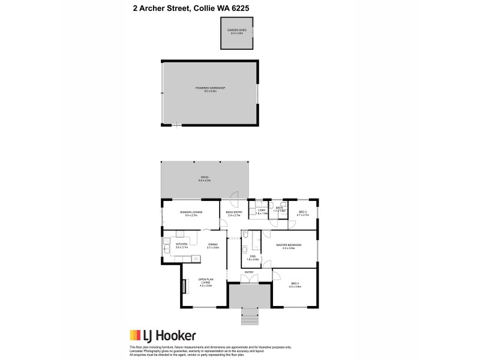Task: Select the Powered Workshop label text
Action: (210, 89)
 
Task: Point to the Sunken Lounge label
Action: (191, 213)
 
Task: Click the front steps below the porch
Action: (249, 317)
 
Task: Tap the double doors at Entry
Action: (249, 277)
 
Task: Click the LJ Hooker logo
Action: (162, 336)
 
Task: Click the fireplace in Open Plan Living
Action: (184, 287)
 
